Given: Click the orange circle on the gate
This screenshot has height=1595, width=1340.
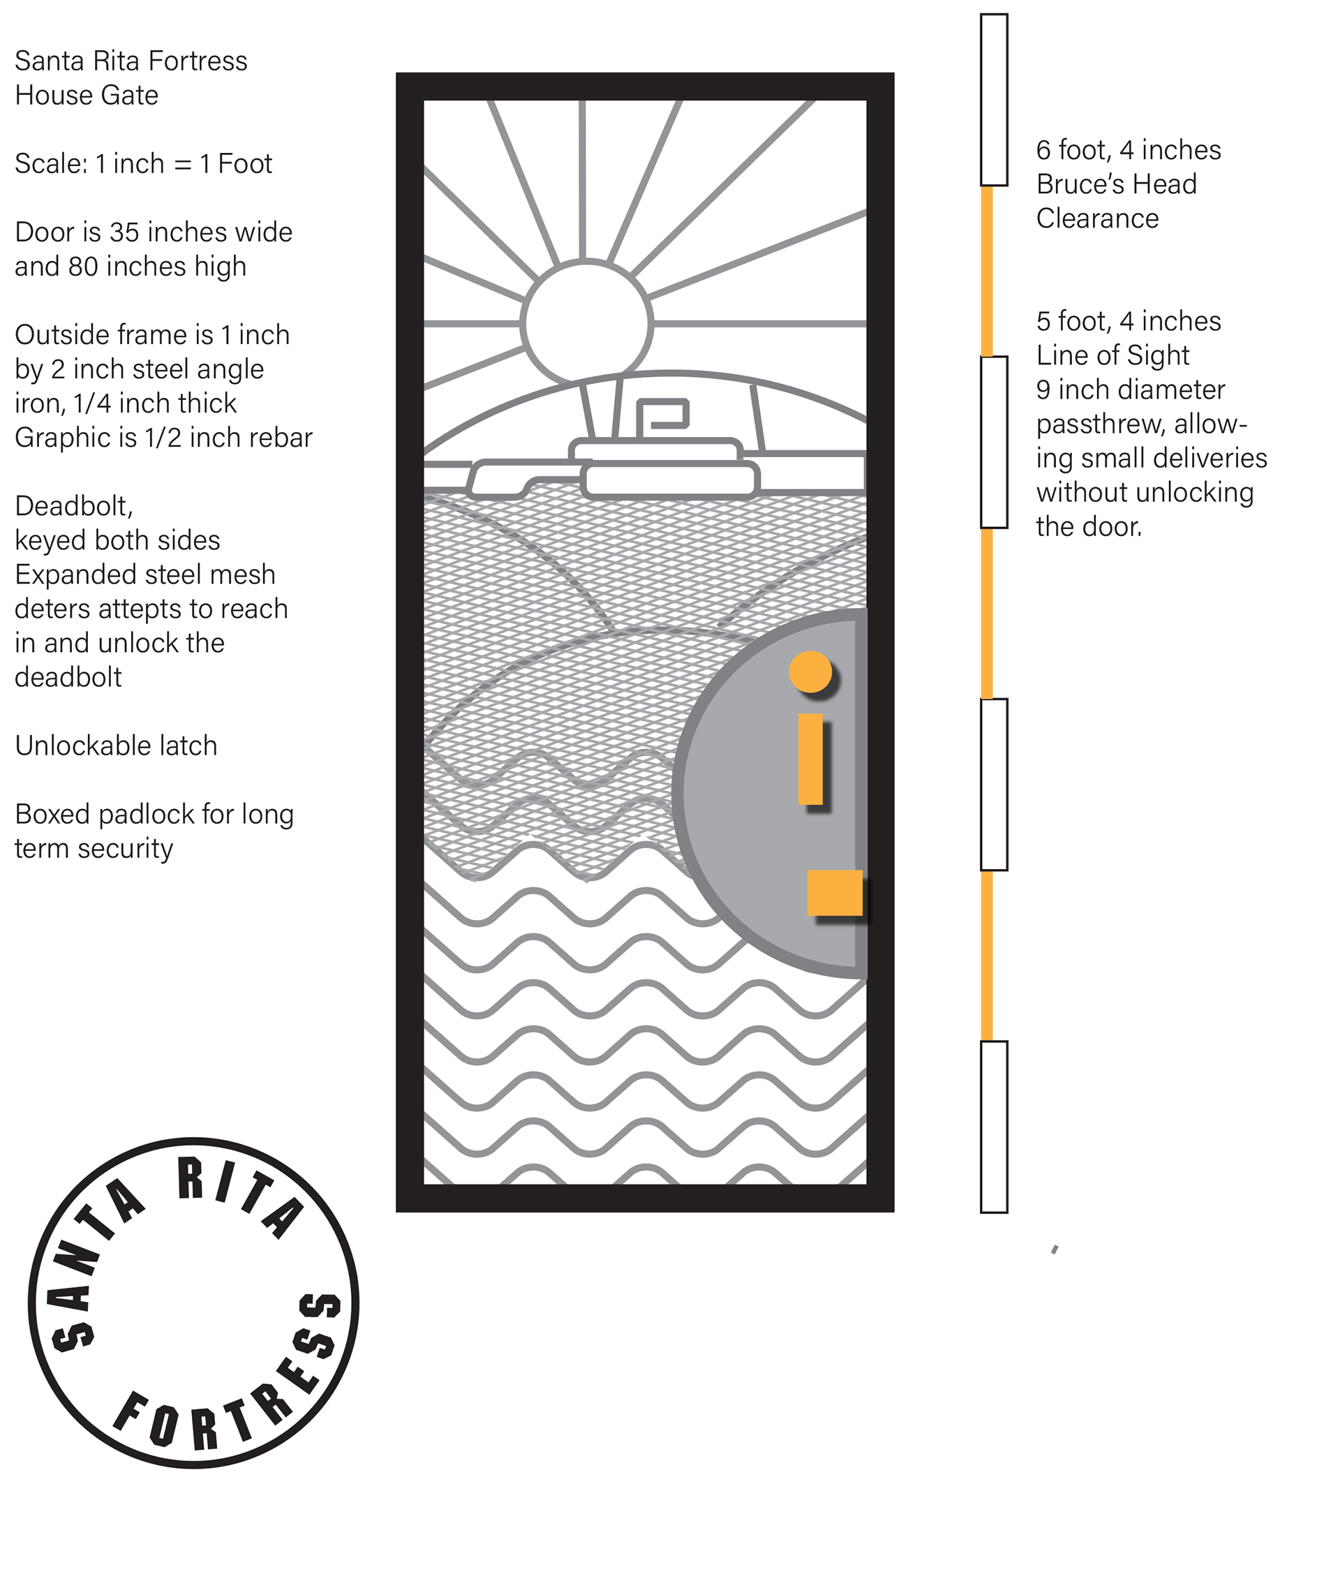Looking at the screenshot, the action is point(810,671).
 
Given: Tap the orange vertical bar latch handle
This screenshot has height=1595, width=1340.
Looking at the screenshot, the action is point(810,758).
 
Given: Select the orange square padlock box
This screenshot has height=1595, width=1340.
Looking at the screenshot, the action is point(834,892).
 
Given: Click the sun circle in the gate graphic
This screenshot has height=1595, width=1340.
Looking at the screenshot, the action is point(586,323).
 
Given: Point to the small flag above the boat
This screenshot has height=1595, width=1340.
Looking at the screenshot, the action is point(662,415).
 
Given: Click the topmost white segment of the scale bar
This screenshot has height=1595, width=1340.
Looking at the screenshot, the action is point(994,100).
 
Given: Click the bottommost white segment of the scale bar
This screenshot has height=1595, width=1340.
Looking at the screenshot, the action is point(994,1126).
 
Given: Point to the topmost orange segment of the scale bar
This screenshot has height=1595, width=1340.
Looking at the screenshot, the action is point(987,271).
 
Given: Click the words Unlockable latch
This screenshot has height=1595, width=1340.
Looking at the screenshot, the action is point(115,745).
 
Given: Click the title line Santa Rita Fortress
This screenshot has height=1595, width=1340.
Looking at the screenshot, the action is point(131,61).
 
